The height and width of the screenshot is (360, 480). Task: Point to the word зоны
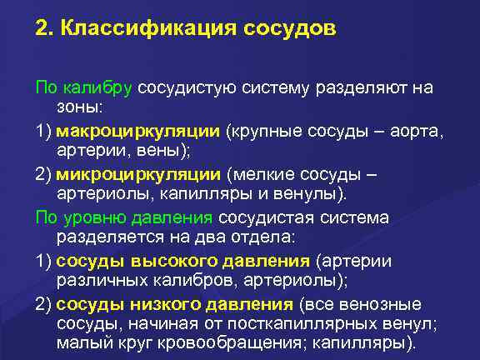coord(77,107)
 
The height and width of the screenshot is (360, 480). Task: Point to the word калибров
coord(166,281)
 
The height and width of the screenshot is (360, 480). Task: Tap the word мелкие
coord(266,173)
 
